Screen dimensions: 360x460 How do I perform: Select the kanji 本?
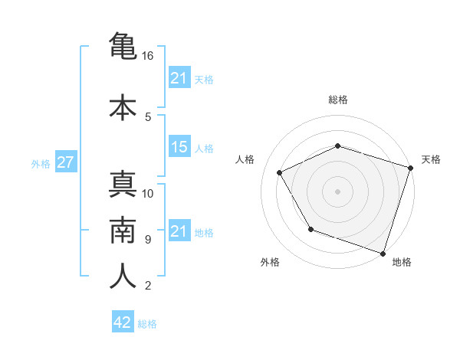(123, 107)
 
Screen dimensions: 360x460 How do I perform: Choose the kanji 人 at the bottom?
(123, 277)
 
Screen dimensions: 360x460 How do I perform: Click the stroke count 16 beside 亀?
(148, 56)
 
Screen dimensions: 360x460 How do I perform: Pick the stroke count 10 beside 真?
(148, 194)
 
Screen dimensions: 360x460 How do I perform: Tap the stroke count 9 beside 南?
(147, 240)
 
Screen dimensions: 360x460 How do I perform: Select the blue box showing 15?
(179, 147)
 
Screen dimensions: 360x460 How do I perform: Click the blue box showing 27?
(65, 162)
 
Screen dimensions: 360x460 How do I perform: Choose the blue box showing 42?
(123, 322)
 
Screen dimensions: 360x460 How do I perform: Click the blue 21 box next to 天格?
(179, 78)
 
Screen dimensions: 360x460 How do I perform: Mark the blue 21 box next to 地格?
(179, 231)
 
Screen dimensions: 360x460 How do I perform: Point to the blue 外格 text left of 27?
(41, 163)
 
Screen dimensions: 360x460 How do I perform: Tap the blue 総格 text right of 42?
(147, 324)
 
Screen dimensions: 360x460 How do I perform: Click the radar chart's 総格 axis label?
(337, 100)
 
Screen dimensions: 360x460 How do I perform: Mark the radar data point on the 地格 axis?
(383, 253)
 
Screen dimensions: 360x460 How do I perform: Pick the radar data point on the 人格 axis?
(279, 172)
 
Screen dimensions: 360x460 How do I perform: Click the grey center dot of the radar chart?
(337, 191)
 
